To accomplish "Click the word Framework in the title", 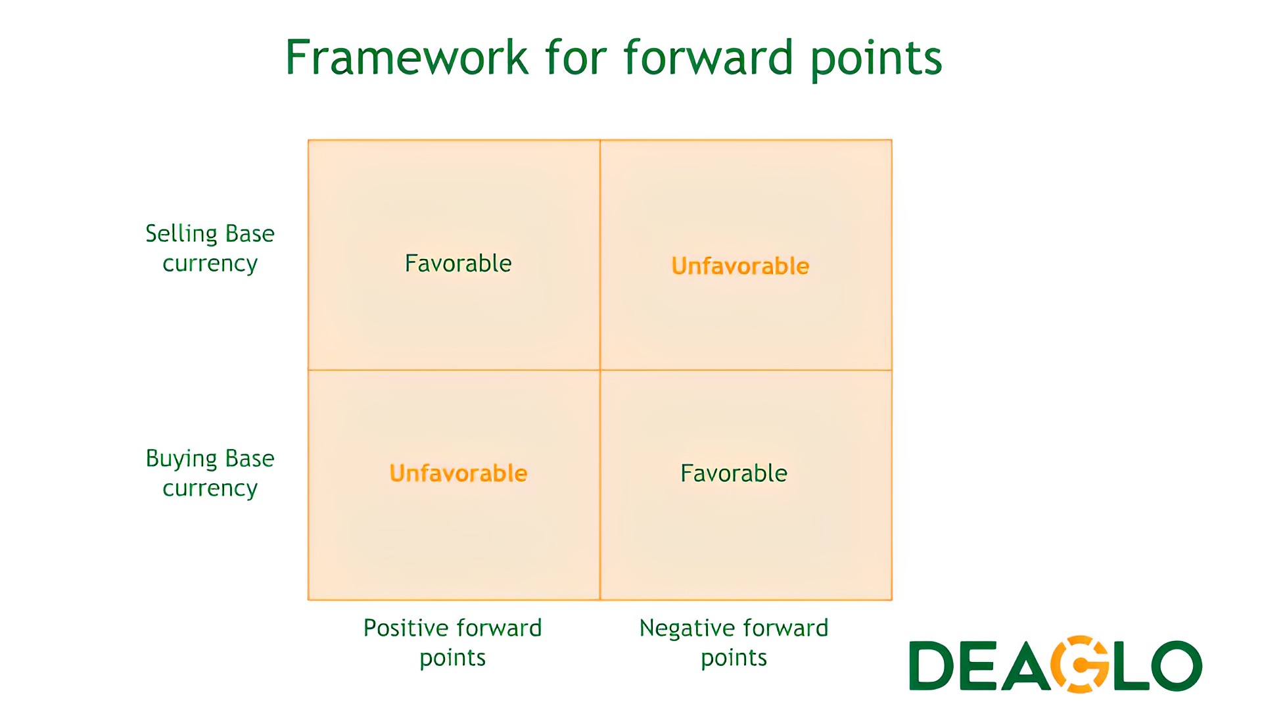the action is click(x=407, y=58).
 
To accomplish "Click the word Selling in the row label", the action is click(x=181, y=235).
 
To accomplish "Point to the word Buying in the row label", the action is click(x=182, y=460).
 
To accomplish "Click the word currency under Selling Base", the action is click(x=210, y=264).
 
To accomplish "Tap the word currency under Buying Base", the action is click(x=210, y=489).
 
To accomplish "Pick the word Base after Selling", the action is click(x=250, y=234).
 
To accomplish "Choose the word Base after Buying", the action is click(x=250, y=459).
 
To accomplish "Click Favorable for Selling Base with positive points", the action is click(x=458, y=264).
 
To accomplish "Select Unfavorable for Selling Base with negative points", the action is click(x=740, y=266).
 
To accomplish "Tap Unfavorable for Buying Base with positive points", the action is click(x=458, y=473).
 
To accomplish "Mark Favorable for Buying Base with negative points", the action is click(x=734, y=473).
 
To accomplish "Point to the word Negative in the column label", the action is click(x=684, y=628).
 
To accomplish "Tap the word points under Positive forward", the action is click(x=453, y=659).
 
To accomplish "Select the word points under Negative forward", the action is click(x=734, y=659).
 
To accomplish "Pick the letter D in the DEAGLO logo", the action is click(x=931, y=666).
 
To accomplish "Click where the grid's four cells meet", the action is click(x=600, y=370).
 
